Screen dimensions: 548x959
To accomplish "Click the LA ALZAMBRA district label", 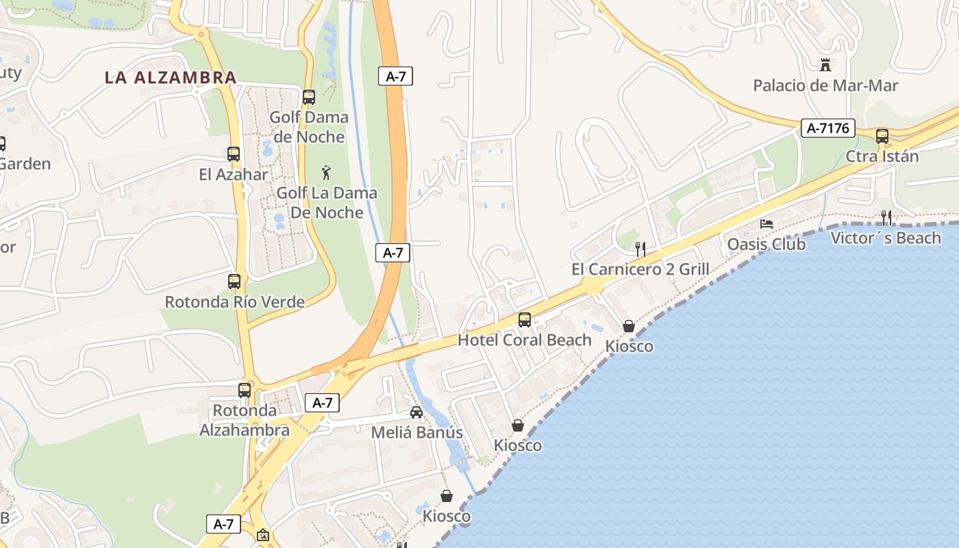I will tap(171, 77).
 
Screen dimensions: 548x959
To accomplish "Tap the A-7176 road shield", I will tap(828, 127).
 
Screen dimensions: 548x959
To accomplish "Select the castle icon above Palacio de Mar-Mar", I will tap(825, 65).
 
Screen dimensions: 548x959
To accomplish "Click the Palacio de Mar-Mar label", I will tap(825, 86).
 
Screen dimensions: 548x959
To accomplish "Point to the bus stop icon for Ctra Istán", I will tap(882, 136).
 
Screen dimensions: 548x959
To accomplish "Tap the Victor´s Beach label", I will tap(886, 238).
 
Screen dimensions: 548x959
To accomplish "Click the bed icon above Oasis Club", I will tap(767, 224).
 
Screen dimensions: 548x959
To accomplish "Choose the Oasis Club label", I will tap(767, 244).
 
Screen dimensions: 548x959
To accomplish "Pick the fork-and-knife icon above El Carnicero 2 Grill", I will tap(640, 249).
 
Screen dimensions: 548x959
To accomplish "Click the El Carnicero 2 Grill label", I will tap(640, 269).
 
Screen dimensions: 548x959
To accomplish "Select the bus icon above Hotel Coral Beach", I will tap(525, 319).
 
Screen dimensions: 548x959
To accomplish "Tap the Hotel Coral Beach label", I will tap(525, 340).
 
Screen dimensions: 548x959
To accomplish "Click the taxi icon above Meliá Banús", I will tap(416, 412).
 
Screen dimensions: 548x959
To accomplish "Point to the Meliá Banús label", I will tap(416, 433).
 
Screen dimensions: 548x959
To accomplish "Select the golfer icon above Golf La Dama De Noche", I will tap(327, 173).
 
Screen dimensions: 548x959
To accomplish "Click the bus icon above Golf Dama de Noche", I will tap(309, 97).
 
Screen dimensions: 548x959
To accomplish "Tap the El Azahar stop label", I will tap(234, 175).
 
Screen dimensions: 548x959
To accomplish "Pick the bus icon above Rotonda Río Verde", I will tap(234, 281).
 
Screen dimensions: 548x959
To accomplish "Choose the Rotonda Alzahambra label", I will tap(245, 421).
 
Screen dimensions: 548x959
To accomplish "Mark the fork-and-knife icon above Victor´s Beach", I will tap(886, 218).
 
